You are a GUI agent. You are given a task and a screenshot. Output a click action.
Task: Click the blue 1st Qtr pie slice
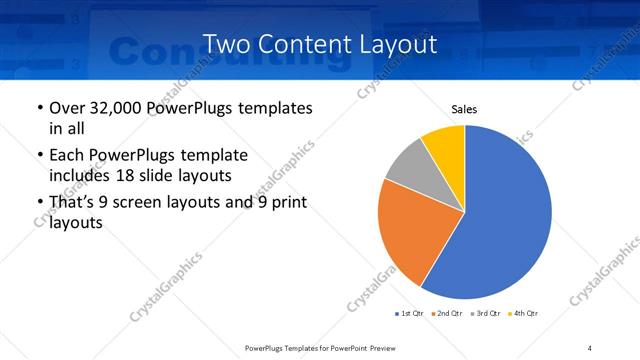505,215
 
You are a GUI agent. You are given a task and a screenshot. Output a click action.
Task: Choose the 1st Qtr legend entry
410,313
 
